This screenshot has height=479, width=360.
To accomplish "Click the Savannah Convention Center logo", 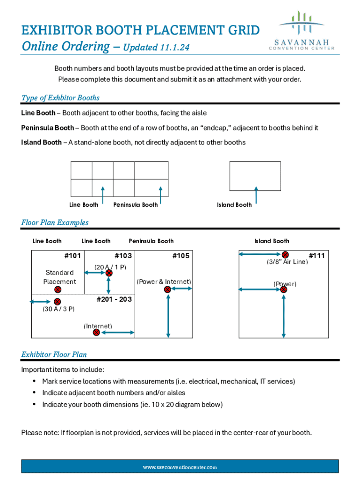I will coord(301,32).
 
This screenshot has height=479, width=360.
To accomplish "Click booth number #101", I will coord(72,256).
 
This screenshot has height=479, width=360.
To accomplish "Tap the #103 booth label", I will coord(123,256).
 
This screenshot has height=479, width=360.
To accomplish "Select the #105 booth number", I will coord(180,256).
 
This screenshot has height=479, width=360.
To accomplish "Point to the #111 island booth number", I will coord(317,256).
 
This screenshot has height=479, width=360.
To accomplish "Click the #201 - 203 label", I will coord(114,299).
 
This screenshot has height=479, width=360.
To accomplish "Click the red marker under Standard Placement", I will coord(58,290).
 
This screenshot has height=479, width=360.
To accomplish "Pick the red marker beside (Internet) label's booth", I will coord(96,333).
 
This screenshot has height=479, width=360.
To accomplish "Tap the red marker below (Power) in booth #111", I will coord(284,290).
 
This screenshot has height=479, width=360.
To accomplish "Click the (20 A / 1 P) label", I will coord(110,267).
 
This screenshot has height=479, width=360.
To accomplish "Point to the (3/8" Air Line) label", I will coord(287,262).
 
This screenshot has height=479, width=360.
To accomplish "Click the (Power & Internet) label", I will coord(164,282).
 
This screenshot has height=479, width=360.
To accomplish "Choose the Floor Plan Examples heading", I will coord(55,223).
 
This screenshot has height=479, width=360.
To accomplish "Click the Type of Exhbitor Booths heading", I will coord(60,98).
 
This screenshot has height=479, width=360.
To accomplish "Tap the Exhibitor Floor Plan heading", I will coord(54,355).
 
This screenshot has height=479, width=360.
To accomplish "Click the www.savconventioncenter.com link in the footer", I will coord(180,467).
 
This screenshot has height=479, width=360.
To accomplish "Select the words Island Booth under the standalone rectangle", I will coord(234,205).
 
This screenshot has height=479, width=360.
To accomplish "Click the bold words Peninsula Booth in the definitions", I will coord(47,128).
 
